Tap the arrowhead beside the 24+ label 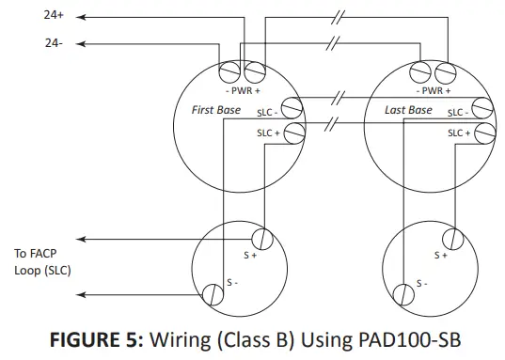(x=81, y=16)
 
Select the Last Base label (x=409, y=111)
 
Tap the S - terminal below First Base (x=211, y=296)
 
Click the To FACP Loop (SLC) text (x=42, y=262)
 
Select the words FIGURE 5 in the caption (x=94, y=339)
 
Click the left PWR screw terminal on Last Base (x=421, y=71)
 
